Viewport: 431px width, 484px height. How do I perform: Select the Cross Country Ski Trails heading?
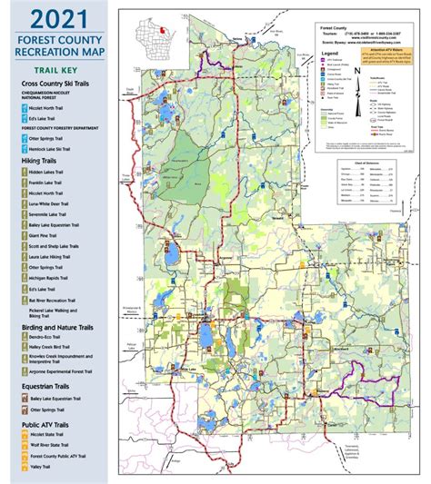[61, 84]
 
